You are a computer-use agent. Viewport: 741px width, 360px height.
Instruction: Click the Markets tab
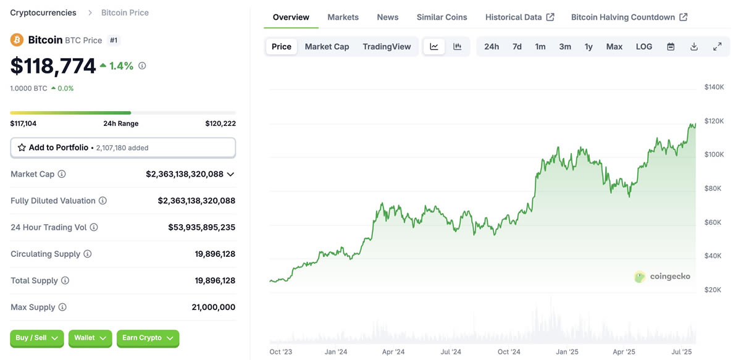pyautogui.click(x=343, y=17)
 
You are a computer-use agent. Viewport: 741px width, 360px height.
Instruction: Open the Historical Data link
pyautogui.click(x=519, y=17)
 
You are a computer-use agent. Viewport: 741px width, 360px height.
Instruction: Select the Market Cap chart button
pyautogui.click(x=327, y=47)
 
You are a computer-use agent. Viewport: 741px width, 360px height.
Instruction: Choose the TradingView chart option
pyautogui.click(x=387, y=47)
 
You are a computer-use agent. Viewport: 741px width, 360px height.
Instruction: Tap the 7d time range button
pyautogui.click(x=517, y=47)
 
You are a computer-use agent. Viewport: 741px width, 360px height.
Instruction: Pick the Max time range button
pyautogui.click(x=614, y=47)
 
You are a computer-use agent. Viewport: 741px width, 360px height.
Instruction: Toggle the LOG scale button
pyautogui.click(x=644, y=47)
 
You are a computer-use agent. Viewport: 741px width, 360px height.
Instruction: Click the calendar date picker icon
pyautogui.click(x=671, y=47)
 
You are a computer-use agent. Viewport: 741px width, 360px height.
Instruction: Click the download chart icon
pyautogui.click(x=694, y=47)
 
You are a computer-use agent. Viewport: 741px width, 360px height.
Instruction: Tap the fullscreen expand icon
pyautogui.click(x=717, y=47)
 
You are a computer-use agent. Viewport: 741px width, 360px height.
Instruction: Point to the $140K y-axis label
pyautogui.click(x=714, y=87)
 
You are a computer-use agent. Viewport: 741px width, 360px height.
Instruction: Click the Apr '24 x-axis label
pyautogui.click(x=393, y=352)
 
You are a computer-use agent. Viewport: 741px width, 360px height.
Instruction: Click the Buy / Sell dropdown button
pyautogui.click(x=36, y=338)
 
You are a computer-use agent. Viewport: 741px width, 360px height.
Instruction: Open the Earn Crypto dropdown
pyautogui.click(x=148, y=338)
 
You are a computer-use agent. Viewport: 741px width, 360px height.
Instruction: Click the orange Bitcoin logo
pyautogui.click(x=17, y=40)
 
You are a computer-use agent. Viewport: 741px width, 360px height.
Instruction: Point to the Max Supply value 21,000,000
pyautogui.click(x=213, y=308)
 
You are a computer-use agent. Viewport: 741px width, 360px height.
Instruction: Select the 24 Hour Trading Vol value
pyautogui.click(x=201, y=227)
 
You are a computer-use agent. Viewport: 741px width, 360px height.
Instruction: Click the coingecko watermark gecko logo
pyautogui.click(x=640, y=277)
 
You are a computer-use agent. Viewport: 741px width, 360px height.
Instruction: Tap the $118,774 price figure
pyautogui.click(x=53, y=66)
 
